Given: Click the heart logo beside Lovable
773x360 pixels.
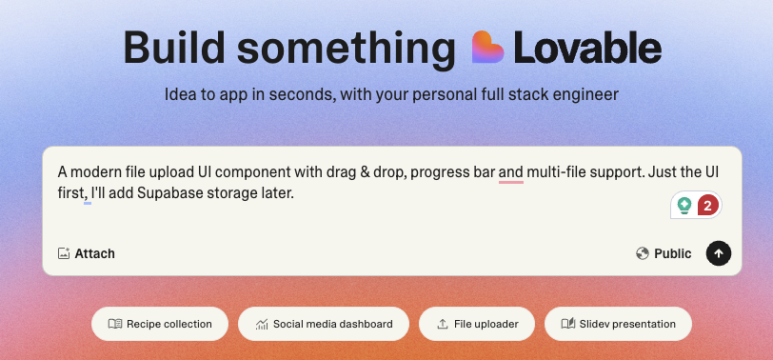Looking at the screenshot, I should pyautogui.click(x=488, y=47).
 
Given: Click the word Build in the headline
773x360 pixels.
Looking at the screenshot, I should pyautogui.click(x=176, y=48).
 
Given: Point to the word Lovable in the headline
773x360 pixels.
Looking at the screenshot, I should pyautogui.click(x=587, y=48).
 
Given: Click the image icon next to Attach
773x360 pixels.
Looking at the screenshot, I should pyautogui.click(x=64, y=253).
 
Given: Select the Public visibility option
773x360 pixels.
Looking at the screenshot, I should pyautogui.click(x=672, y=253).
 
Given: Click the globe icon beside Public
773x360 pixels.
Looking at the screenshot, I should pyautogui.click(x=643, y=253).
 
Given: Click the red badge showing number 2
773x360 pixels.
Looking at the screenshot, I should pyautogui.click(x=707, y=205).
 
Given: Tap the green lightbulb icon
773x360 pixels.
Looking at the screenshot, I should pyautogui.click(x=684, y=205).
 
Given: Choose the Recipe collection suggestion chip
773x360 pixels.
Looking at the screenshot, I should pyautogui.click(x=159, y=324).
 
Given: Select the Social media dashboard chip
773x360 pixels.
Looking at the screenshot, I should pyautogui.click(x=323, y=324).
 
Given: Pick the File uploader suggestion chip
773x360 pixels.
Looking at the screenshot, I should pyautogui.click(x=476, y=324).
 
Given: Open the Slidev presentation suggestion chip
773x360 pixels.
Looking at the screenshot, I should pyautogui.click(x=618, y=324).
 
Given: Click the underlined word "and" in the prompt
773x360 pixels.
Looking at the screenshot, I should pyautogui.click(x=511, y=172).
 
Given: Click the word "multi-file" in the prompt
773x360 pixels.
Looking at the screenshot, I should pyautogui.click(x=559, y=172).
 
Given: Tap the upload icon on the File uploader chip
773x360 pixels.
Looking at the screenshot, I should pyautogui.click(x=443, y=324).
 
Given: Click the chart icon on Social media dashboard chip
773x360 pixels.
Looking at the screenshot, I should pyautogui.click(x=262, y=324).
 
